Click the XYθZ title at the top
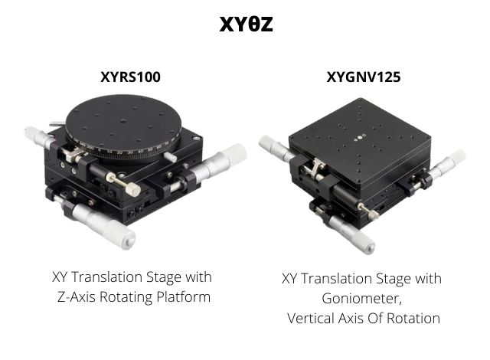(246, 24)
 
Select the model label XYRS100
(130, 77)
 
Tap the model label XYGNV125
(364, 77)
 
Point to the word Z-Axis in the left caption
(77, 297)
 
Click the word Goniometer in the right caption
(361, 299)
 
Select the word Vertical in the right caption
(310, 319)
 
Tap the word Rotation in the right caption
(413, 319)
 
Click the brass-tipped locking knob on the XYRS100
(124, 184)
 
